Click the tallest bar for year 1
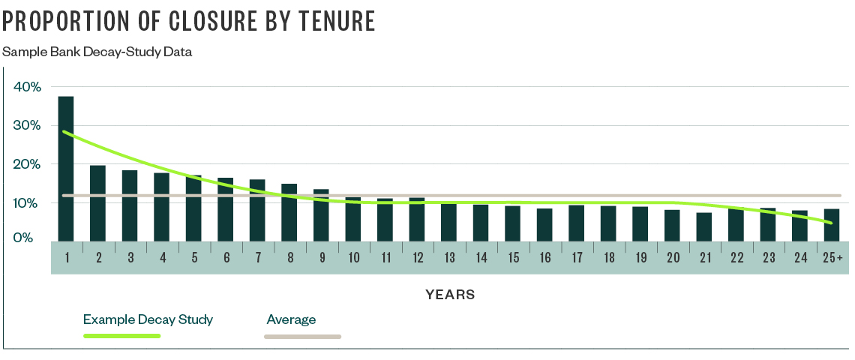point(66,169)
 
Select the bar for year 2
point(97,203)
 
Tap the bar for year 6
point(225,209)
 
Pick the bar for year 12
point(417,219)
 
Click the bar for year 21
point(704,226)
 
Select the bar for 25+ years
point(832,225)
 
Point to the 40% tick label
point(28,87)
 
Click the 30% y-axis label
point(28,125)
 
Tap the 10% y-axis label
point(28,202)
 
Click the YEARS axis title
point(450,295)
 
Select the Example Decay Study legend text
point(148,319)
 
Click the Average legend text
point(291,319)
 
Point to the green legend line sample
point(121,336)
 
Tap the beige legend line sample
point(302,337)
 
